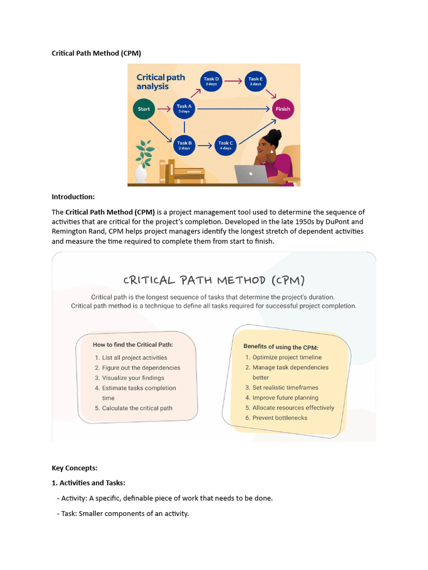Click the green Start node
(x=144, y=109)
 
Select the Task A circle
(x=184, y=109)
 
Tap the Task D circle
(x=211, y=81)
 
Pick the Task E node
(x=255, y=81)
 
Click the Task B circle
(x=184, y=145)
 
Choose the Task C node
(x=225, y=145)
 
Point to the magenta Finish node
(x=283, y=109)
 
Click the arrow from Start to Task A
(x=163, y=109)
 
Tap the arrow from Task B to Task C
(x=205, y=145)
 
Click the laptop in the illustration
(x=251, y=174)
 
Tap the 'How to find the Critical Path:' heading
(x=133, y=345)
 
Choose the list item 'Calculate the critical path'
(x=137, y=408)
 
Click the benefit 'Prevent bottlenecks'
(x=280, y=417)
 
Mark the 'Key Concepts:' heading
(x=74, y=468)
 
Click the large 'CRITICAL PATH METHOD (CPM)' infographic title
(x=213, y=280)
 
